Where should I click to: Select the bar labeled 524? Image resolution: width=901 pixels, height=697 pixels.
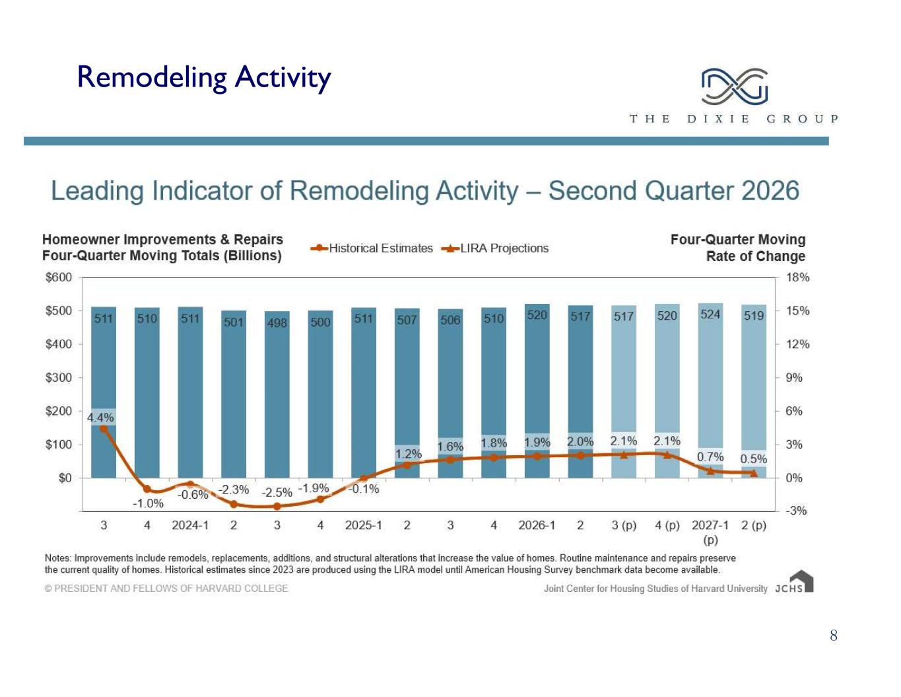(710, 390)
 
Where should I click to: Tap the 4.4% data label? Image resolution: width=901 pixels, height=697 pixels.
(100, 418)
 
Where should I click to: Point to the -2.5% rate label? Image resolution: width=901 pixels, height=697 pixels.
(277, 492)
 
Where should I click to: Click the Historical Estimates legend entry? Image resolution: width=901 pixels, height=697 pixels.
(372, 248)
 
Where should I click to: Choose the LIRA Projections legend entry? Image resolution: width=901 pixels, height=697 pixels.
(494, 248)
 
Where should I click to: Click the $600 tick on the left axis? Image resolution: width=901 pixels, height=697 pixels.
(59, 277)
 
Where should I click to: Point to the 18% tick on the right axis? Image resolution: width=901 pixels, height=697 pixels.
(798, 277)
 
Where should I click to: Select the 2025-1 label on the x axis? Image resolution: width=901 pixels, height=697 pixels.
(363, 525)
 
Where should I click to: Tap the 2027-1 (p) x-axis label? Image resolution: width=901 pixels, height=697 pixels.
(710, 532)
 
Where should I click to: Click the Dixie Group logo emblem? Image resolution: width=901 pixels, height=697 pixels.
(734, 87)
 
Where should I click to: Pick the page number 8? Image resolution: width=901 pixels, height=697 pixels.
(834, 636)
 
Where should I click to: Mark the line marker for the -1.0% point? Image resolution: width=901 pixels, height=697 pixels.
(147, 489)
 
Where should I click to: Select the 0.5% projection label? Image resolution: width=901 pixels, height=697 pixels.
(753, 459)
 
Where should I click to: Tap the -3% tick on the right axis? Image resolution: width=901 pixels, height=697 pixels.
(796, 511)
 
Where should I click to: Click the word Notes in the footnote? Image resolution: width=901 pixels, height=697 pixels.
(57, 558)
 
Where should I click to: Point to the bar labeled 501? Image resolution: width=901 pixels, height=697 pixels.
(234, 394)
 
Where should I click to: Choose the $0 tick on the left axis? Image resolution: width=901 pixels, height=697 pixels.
(65, 478)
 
